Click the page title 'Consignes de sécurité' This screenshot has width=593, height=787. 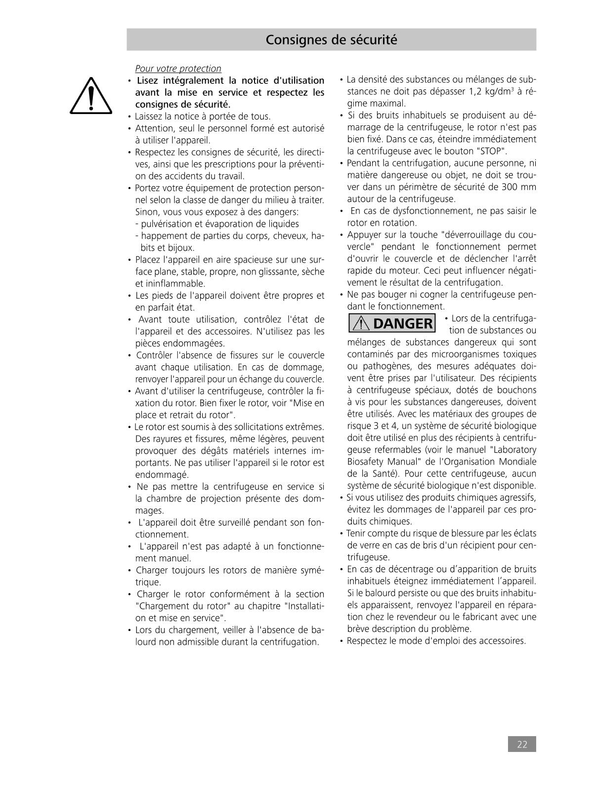[x=331, y=39]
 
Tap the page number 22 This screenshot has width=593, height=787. [x=522, y=745]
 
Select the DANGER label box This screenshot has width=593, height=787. [x=392, y=323]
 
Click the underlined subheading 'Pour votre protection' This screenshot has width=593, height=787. [x=178, y=69]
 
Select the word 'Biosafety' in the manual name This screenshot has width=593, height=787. [x=367, y=462]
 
